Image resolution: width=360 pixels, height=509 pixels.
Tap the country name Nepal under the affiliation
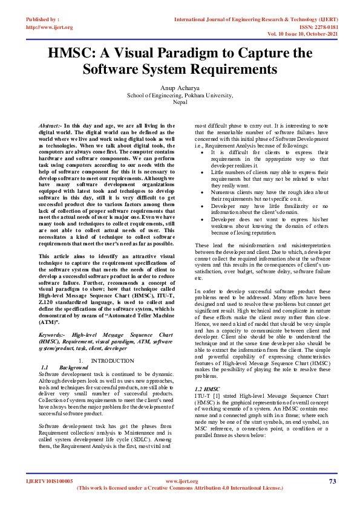[180, 103]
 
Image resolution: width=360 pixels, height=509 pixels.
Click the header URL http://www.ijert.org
[50, 27]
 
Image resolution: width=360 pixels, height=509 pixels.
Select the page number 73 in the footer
[332, 481]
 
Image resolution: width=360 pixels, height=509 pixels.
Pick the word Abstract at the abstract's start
[50, 124]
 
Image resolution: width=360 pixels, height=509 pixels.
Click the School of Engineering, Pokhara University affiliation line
[180, 96]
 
